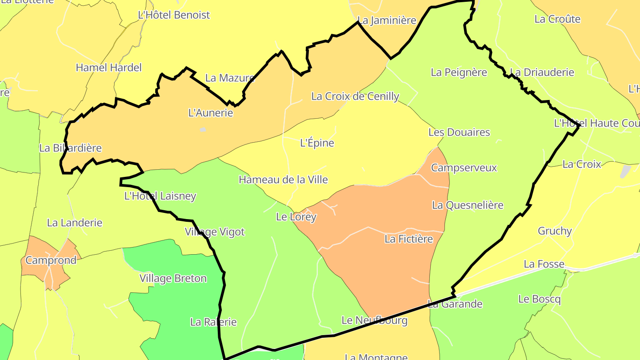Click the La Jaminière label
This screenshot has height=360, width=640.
point(387,20)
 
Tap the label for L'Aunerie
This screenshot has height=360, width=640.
point(211,113)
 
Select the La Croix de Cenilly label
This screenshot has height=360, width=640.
point(355,96)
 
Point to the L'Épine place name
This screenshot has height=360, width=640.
point(317,143)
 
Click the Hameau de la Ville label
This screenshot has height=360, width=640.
point(283,180)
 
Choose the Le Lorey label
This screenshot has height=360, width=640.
point(296,217)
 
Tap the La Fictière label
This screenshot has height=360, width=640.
point(408,239)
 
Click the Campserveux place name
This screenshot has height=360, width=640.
point(464,168)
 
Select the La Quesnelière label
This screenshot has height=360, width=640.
point(468,205)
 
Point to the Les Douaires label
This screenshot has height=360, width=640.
point(459,132)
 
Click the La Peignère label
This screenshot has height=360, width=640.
point(459,72)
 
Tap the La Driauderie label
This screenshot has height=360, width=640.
point(542,72)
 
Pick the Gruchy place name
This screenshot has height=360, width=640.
point(555,231)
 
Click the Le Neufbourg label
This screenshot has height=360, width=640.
point(374,320)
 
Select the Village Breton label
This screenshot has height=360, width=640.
point(173,279)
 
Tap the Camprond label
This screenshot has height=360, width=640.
point(51,260)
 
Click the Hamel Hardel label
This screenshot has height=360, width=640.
point(108,68)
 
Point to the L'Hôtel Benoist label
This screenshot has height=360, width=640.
point(174,15)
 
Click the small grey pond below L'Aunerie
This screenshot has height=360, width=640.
point(203,130)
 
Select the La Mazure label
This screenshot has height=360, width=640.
point(230,78)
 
